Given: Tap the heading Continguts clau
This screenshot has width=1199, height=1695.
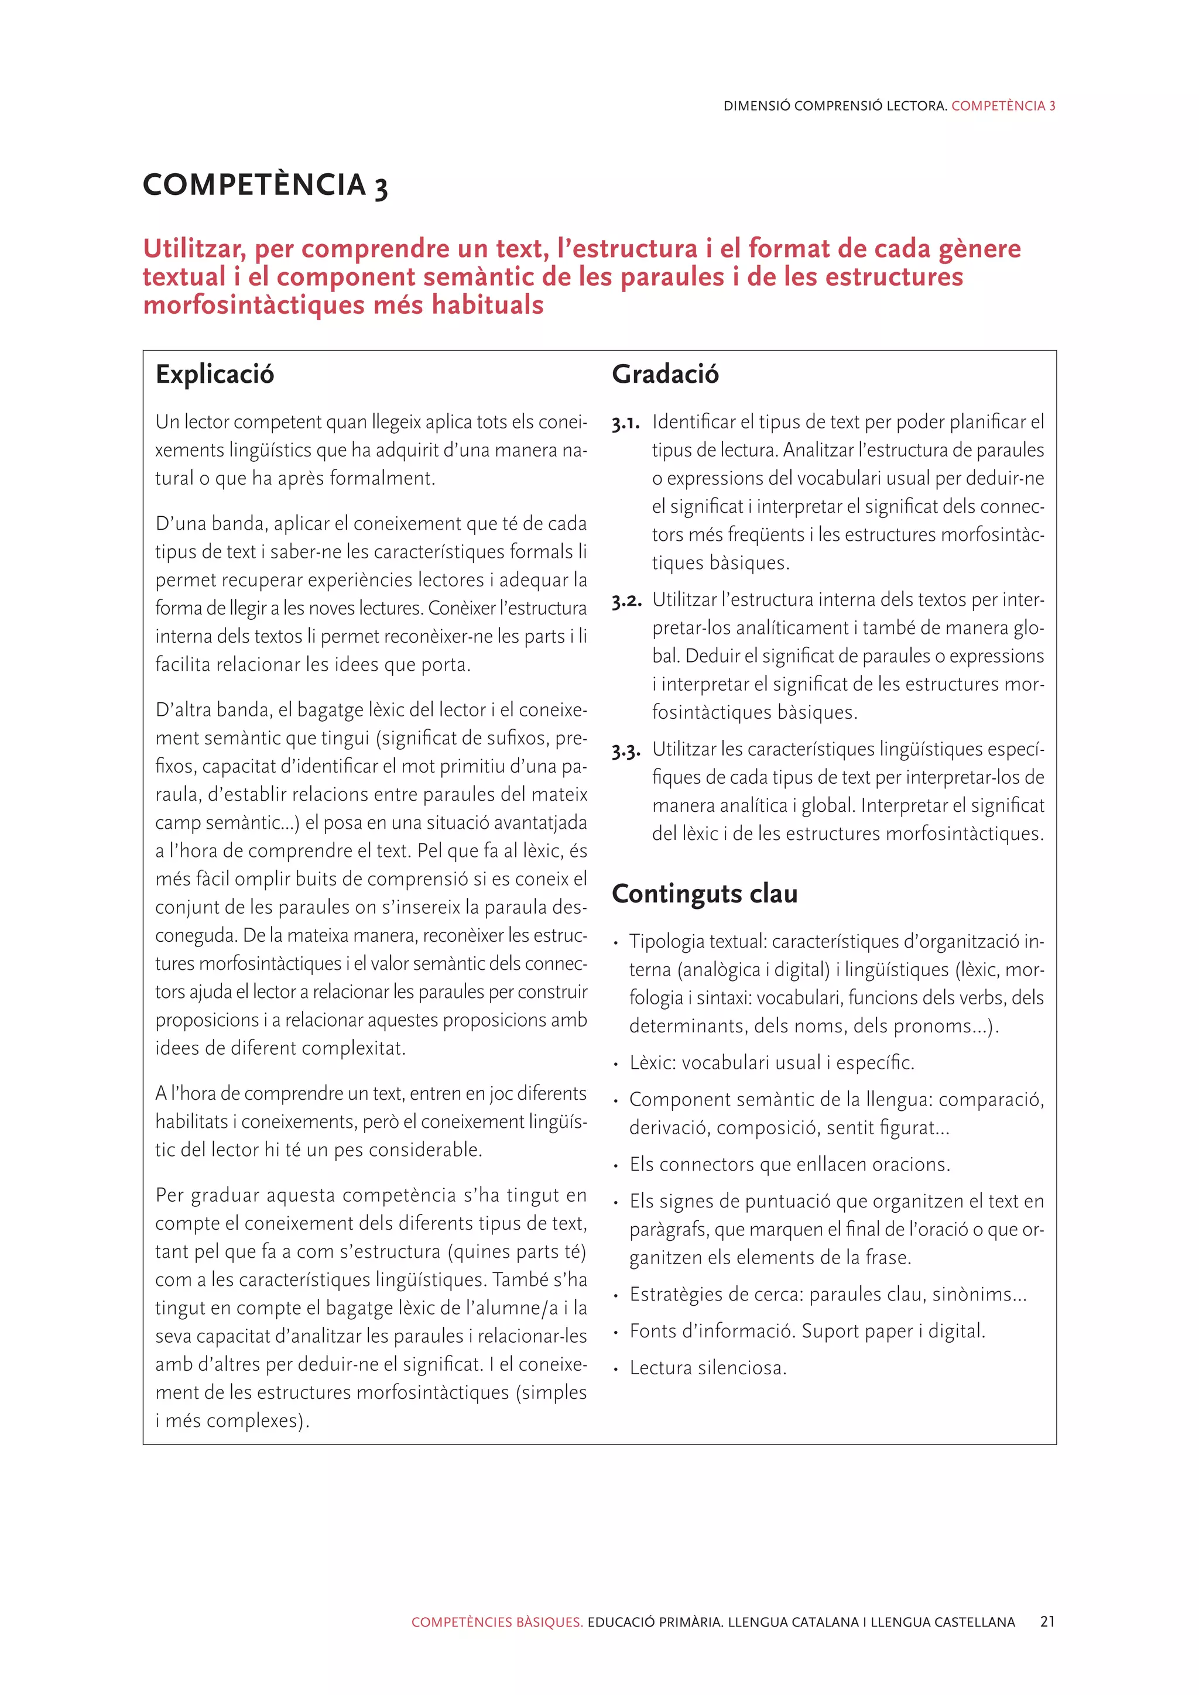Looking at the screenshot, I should click(x=704, y=893).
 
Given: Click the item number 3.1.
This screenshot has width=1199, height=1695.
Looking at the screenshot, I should click(x=625, y=424).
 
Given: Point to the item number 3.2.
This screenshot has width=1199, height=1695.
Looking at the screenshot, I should click(x=626, y=602).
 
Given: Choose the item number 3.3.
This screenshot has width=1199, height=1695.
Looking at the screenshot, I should click(x=626, y=752).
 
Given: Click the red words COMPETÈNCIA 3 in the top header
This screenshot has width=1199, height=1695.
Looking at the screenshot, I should click(x=1003, y=105).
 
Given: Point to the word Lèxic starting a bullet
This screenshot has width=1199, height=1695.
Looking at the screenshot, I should click(x=652, y=1062).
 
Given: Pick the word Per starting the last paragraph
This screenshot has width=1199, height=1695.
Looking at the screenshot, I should click(x=170, y=1195).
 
